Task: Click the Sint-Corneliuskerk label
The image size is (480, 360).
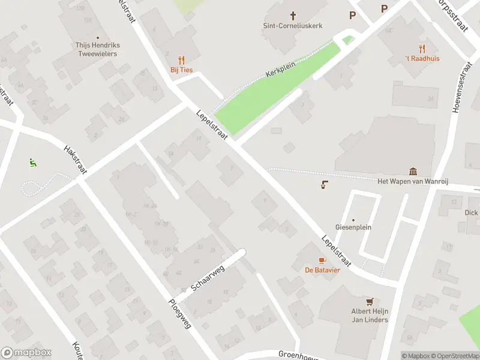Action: coord(293,26)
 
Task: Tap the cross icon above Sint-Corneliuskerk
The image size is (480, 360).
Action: coord(293,15)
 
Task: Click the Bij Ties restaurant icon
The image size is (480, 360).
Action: coord(181,60)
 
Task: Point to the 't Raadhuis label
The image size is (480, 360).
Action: coord(422,58)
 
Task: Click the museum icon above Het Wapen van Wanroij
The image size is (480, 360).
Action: coord(413,172)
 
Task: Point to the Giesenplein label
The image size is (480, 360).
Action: coord(353,227)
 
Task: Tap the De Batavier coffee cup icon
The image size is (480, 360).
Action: coord(322,260)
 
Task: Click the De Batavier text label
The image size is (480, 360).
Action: coord(322,270)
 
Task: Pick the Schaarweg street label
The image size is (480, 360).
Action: coord(208,278)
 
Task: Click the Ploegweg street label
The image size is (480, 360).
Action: coord(180,314)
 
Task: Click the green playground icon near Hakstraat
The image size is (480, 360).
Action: coord(32,162)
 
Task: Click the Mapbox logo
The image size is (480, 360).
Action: coord(26,353)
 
